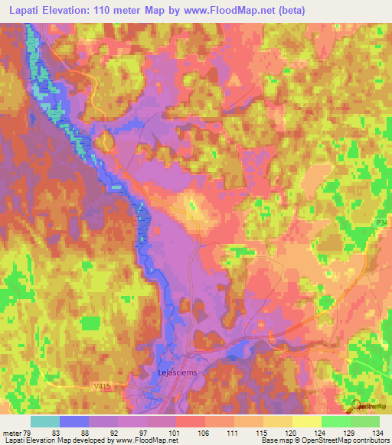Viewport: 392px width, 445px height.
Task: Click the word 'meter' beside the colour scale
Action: pyautogui.click(x=11, y=433)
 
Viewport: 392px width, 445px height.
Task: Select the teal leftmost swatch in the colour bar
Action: pyautogui.click(x=44, y=421)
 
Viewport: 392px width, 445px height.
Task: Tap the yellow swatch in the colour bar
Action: pyautogui.click(x=306, y=421)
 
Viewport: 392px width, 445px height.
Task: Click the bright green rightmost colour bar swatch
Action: pyautogui.click(x=365, y=421)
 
